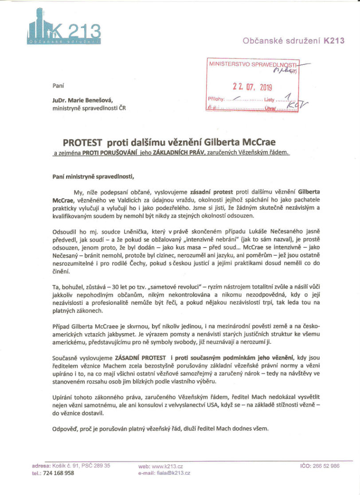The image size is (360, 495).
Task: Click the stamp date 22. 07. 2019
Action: [x=253, y=87]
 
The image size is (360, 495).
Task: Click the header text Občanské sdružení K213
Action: [x=293, y=41]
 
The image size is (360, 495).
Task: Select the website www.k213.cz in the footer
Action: [x=167, y=466]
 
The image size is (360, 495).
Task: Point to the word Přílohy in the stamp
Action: [x=216, y=99]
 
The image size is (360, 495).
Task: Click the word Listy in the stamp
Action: [x=270, y=100]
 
